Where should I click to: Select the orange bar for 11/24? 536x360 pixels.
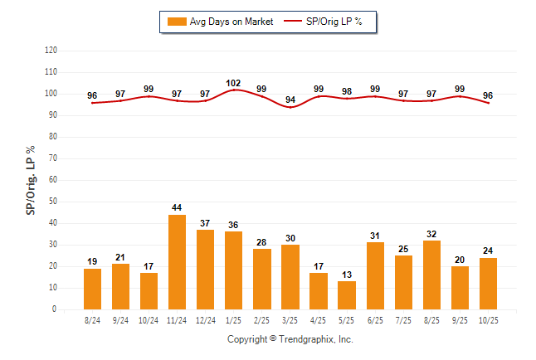point(177,262)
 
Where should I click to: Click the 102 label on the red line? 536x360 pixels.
point(233,83)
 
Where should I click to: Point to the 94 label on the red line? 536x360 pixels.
point(290,100)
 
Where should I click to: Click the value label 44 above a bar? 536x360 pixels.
point(177,209)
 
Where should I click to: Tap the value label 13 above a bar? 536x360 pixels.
point(346,275)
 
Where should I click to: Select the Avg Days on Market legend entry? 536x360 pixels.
point(218,22)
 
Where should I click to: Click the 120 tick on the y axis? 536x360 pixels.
point(51,51)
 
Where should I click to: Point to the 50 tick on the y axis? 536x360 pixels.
point(53,202)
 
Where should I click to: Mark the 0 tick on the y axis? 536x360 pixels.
point(55,309)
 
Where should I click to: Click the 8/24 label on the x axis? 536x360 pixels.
point(92,320)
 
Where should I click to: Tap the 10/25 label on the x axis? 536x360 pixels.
point(487,320)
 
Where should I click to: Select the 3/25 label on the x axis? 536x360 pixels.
point(290,320)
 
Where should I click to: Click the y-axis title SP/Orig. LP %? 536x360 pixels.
point(31,178)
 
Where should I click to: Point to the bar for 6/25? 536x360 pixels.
point(374,275)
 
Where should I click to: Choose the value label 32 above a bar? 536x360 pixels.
point(431,235)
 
